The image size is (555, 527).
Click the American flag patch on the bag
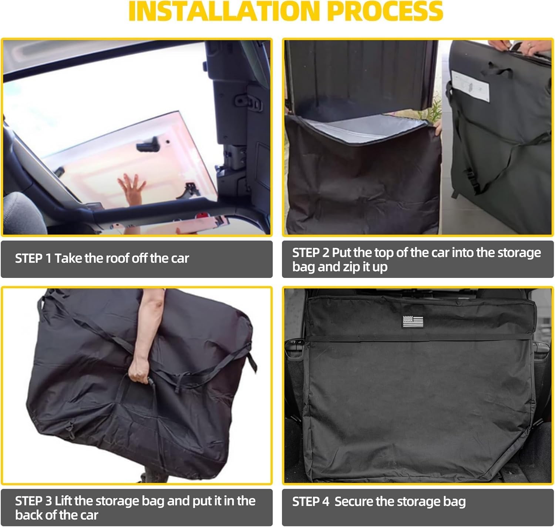point(413,321)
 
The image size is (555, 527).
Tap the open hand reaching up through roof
point(131,189)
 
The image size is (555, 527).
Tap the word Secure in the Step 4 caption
point(354,502)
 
